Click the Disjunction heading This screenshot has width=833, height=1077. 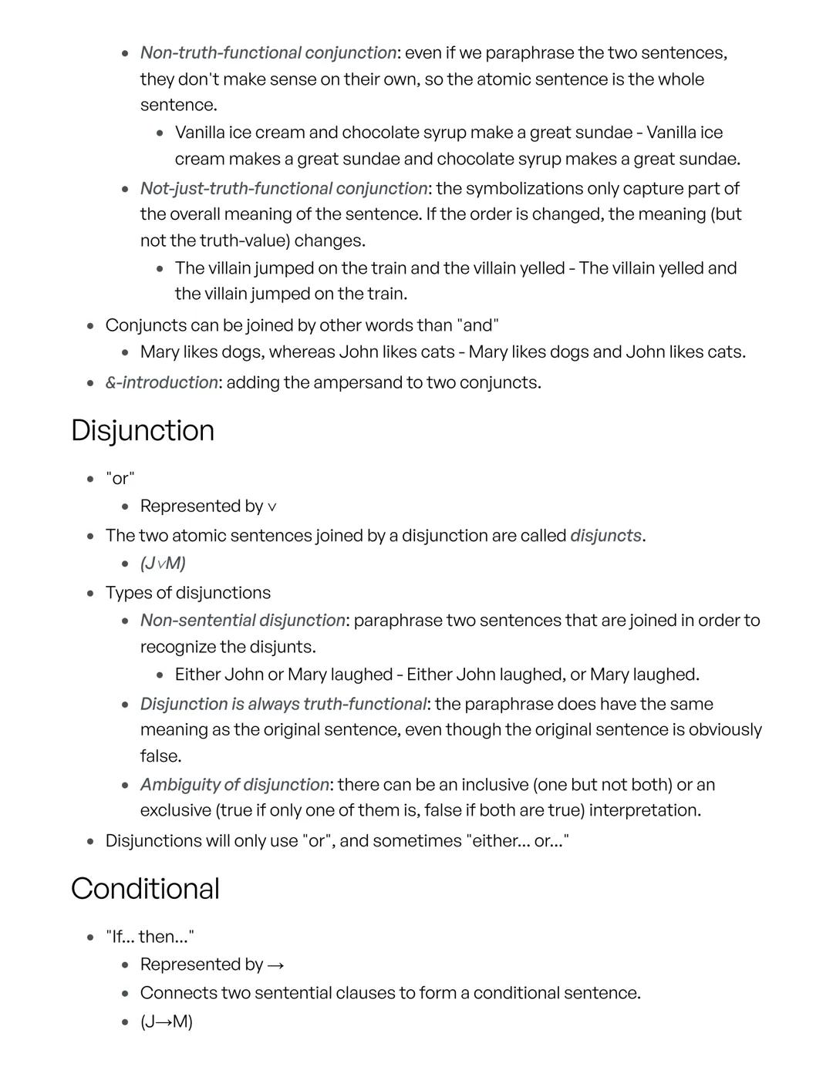[143, 430]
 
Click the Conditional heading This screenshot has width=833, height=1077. [145, 888]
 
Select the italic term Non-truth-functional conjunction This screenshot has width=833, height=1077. [268, 52]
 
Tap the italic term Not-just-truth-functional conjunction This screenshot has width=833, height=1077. [283, 188]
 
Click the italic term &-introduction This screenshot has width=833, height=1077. [161, 382]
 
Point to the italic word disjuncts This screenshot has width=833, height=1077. [605, 535]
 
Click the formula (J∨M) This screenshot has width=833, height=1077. [163, 564]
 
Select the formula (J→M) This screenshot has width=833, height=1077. [167, 1021]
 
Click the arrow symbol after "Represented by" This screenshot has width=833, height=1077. [276, 965]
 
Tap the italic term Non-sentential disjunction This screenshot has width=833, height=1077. [242, 620]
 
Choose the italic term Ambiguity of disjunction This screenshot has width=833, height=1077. [234, 784]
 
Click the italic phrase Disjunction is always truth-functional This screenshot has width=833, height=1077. [283, 704]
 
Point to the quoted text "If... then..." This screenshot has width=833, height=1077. [150, 937]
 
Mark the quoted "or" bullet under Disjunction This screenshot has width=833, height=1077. [120, 478]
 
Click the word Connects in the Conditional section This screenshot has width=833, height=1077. [178, 992]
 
